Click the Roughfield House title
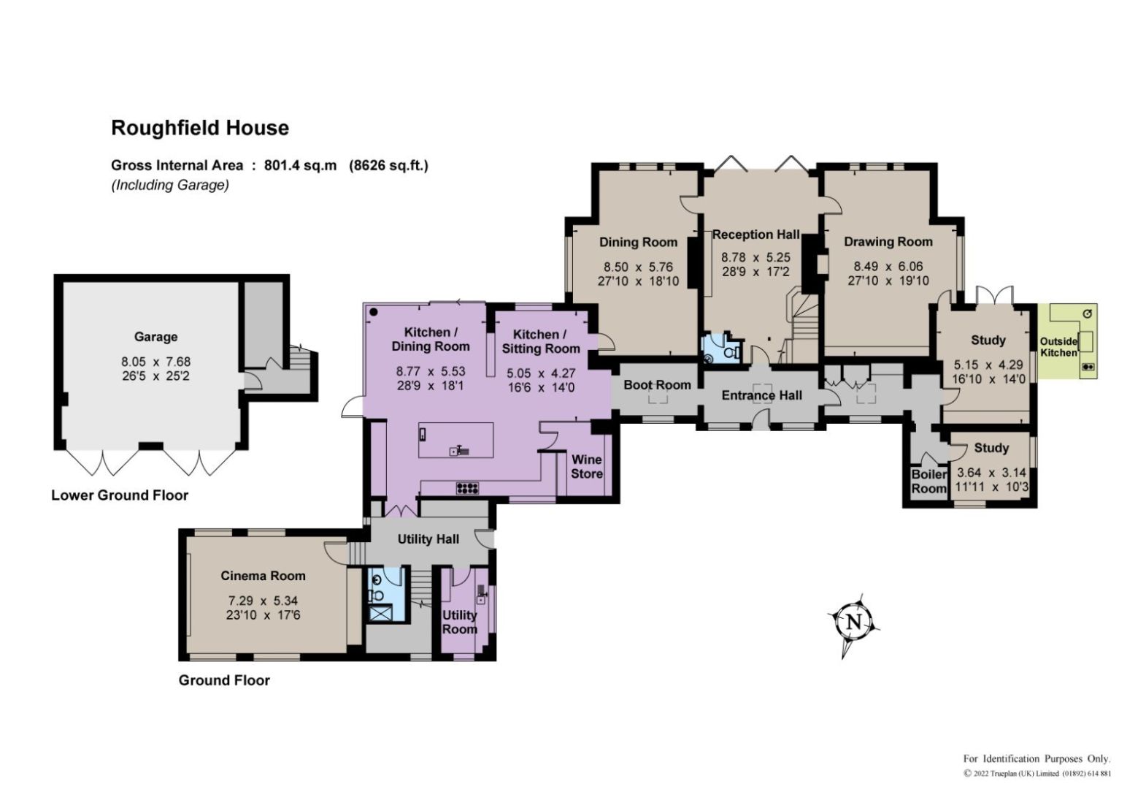pos(200,128)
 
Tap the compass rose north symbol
pos(853,624)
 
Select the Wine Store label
pos(586,466)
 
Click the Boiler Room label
pos(929,481)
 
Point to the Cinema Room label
pos(263,576)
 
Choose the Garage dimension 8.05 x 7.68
pos(155,362)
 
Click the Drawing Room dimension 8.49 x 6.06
pos(888,266)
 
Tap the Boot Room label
pos(658,385)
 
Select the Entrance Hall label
pos(762,395)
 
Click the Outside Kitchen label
pos(1058,347)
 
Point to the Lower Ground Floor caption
pos(120,495)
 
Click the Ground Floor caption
pos(224,680)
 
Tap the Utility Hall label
pos(428,539)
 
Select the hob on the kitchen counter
pos(468,488)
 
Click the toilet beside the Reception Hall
pos(733,352)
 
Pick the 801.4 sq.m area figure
pos(300,165)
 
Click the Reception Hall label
pos(756,235)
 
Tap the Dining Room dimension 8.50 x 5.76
pos(638,267)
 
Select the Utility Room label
pos(459,622)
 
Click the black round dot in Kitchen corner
pos(374,312)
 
